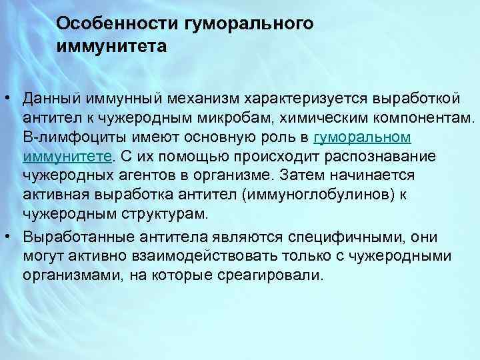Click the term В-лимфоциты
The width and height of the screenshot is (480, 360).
tap(66, 137)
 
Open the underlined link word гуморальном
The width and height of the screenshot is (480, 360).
tap(362, 137)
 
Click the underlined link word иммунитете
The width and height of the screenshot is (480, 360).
tap(67, 157)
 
